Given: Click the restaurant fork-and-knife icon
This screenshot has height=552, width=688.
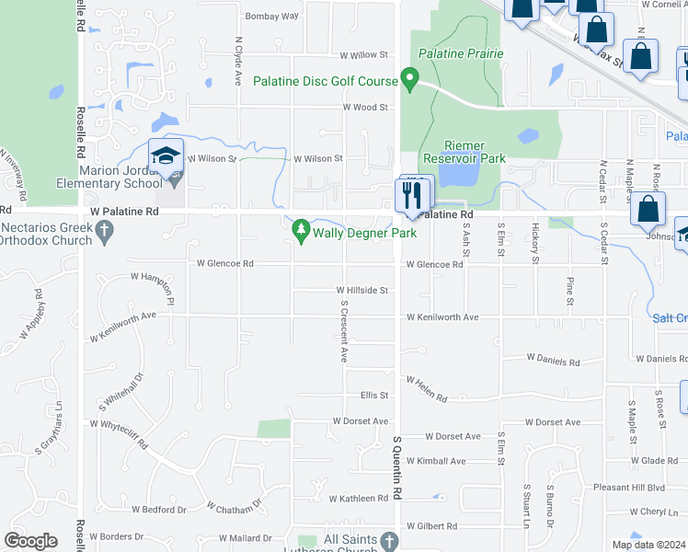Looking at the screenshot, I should (x=410, y=194).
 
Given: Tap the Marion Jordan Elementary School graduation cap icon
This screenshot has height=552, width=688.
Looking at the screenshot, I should (x=166, y=157).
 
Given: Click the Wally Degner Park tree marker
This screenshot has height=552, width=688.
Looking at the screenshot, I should (x=300, y=233).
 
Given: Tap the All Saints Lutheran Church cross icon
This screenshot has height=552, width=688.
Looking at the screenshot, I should (x=389, y=540).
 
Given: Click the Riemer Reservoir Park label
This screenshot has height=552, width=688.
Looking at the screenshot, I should (x=476, y=152).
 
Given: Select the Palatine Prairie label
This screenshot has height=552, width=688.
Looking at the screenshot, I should (x=461, y=53).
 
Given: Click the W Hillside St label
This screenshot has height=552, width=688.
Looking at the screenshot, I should (x=362, y=290).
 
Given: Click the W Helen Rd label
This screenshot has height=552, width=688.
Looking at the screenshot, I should (x=426, y=388).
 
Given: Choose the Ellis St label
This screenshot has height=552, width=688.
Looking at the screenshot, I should (x=374, y=396).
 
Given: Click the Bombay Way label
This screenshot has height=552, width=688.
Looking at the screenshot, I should (x=272, y=17).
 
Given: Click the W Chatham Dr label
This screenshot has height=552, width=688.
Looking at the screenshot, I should (x=234, y=506).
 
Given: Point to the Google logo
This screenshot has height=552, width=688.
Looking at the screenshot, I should (x=31, y=541).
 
